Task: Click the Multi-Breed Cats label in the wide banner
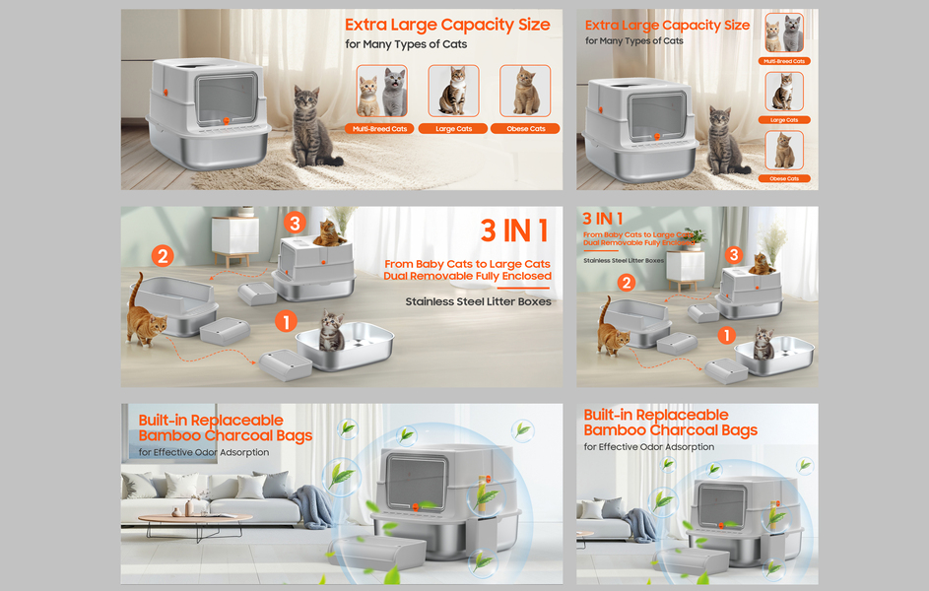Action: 380,129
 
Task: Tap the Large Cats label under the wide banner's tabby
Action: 453,129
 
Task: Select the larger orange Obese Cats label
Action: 525,129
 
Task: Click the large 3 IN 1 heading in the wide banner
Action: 514,230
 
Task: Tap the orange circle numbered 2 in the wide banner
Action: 163,256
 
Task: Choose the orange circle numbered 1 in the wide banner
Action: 287,321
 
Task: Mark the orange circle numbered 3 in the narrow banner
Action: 733,255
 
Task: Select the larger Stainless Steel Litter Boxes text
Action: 478,302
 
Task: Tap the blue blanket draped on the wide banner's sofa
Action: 315,506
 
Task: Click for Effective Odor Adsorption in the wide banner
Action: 203,452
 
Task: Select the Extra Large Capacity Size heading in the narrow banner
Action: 667,26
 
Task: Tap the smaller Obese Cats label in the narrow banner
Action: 784,178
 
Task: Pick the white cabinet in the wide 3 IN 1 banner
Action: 235,238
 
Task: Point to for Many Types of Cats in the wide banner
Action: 406,44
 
